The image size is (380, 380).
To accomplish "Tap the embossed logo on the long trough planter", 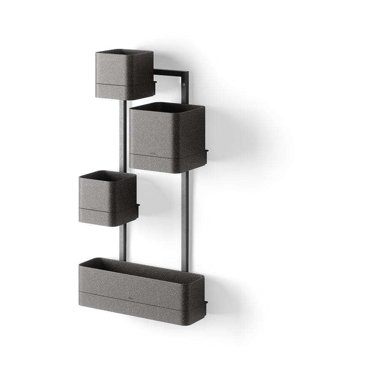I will [131, 297].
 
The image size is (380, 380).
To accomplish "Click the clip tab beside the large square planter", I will [207, 151].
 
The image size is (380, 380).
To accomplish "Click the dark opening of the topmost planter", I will [124, 53].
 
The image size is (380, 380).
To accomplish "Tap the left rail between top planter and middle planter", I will [122, 135].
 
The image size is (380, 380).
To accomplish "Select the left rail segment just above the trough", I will [122, 245].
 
